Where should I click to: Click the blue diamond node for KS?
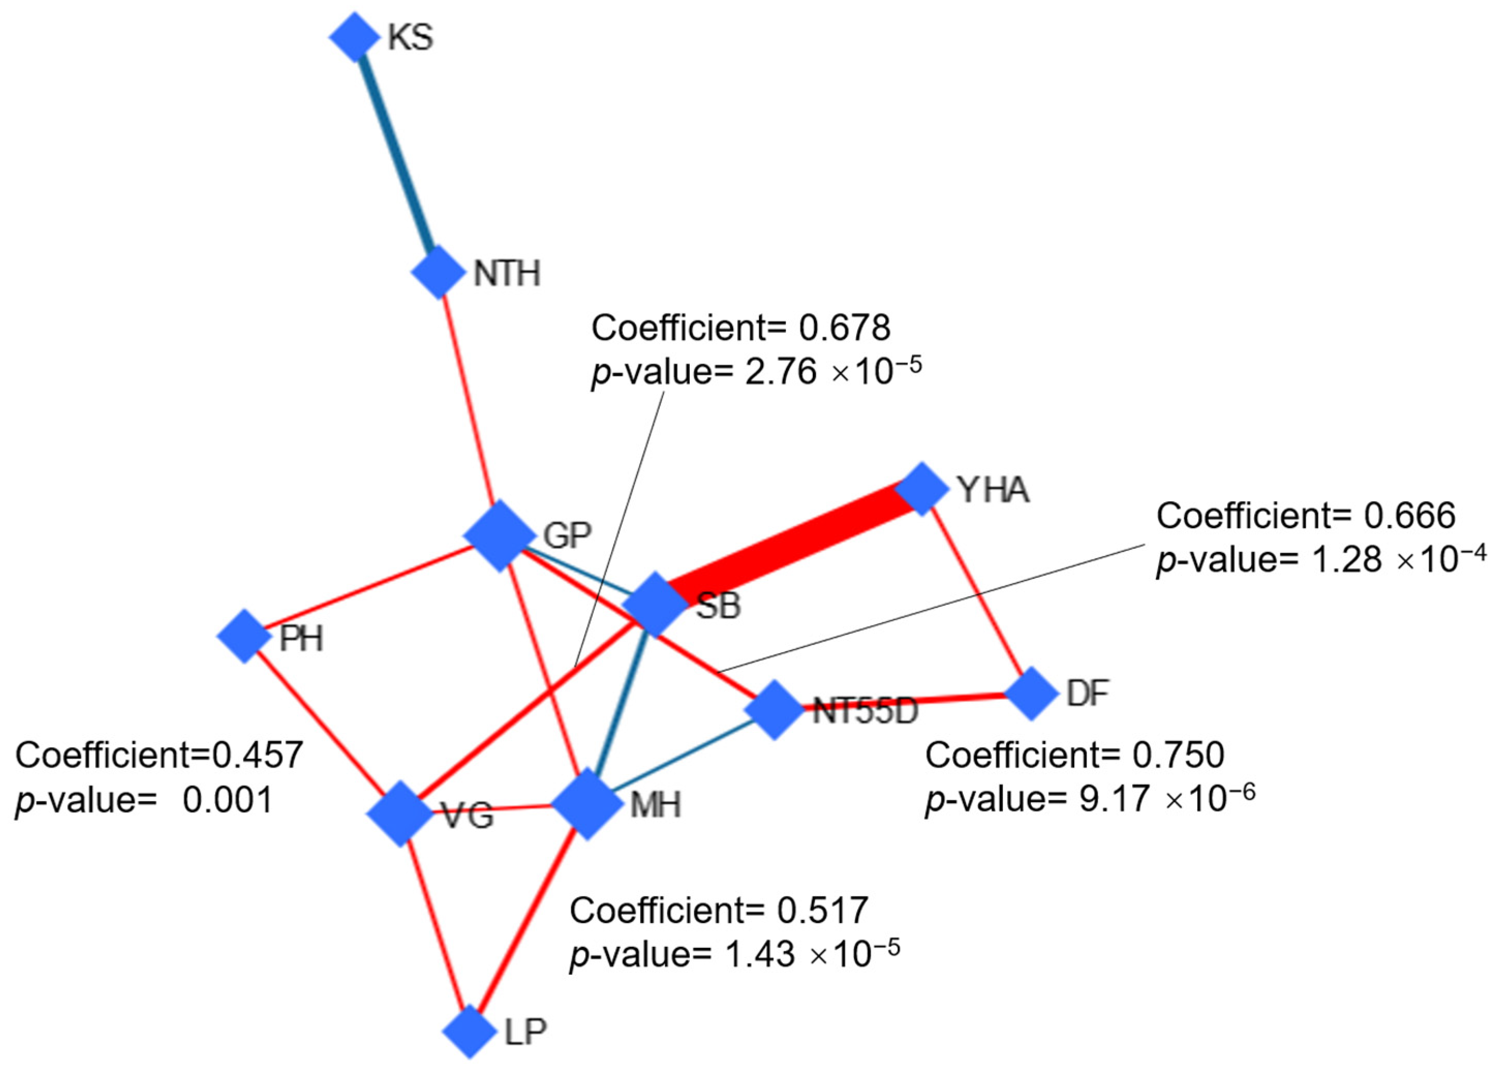(x=354, y=37)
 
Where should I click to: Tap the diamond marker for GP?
(x=499, y=535)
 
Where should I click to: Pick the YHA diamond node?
(x=921, y=488)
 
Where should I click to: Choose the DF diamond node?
(x=1031, y=693)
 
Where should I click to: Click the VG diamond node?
(x=400, y=814)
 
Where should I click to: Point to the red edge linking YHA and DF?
(x=976, y=591)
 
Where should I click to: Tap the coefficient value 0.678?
(x=845, y=328)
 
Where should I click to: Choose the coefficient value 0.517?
(x=823, y=911)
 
